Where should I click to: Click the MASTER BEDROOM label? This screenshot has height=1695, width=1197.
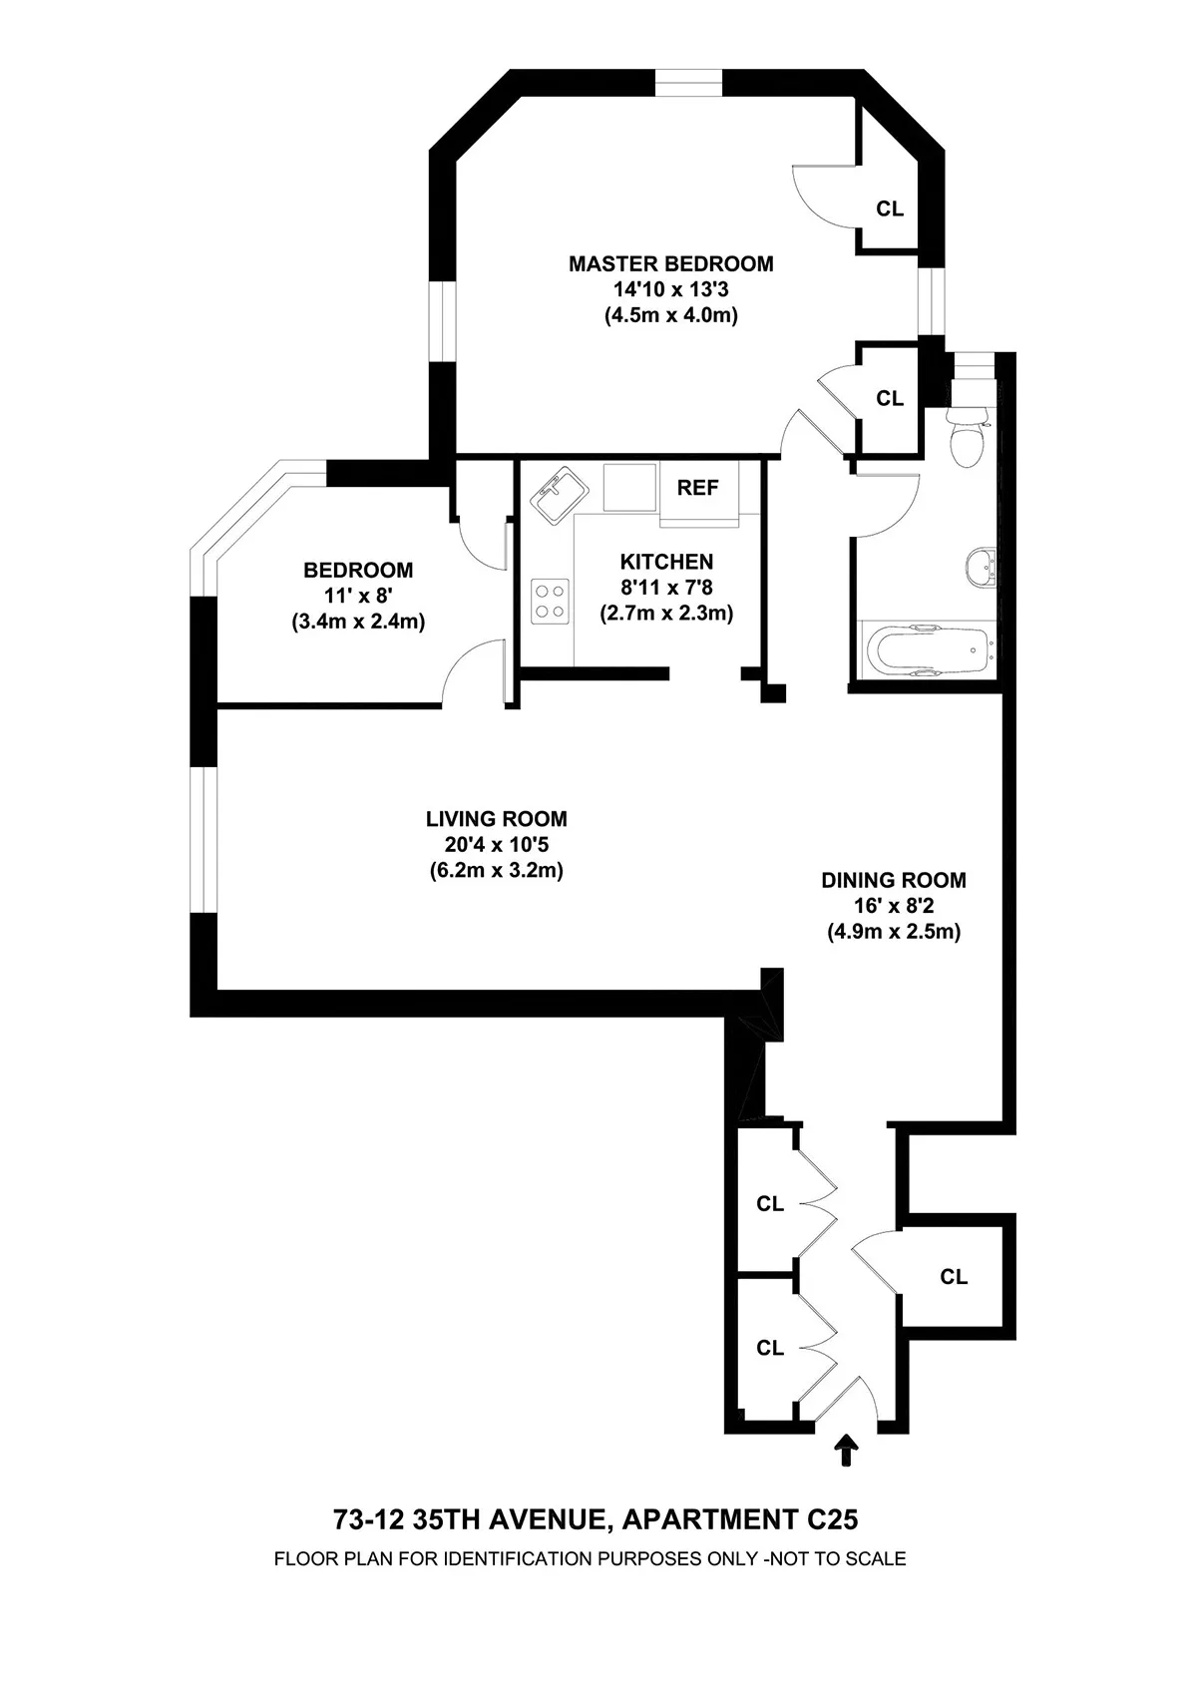[x=670, y=264]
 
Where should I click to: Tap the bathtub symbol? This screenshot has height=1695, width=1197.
[x=927, y=651]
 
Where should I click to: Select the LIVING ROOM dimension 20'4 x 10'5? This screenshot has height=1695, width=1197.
[x=496, y=845]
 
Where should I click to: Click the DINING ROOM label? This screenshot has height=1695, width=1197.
[x=893, y=880]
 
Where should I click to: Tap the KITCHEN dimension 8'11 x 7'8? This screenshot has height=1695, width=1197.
[x=666, y=588]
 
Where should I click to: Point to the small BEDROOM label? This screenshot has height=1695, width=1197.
[x=358, y=571]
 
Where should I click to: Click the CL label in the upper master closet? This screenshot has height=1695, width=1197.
[x=889, y=210]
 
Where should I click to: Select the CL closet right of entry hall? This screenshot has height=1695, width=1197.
[x=954, y=1276]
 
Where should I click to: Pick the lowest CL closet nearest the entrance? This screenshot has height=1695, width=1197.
[x=769, y=1348]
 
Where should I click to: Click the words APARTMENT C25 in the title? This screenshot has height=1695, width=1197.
[x=739, y=1519]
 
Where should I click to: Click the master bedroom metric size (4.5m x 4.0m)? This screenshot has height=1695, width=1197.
[x=670, y=316]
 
